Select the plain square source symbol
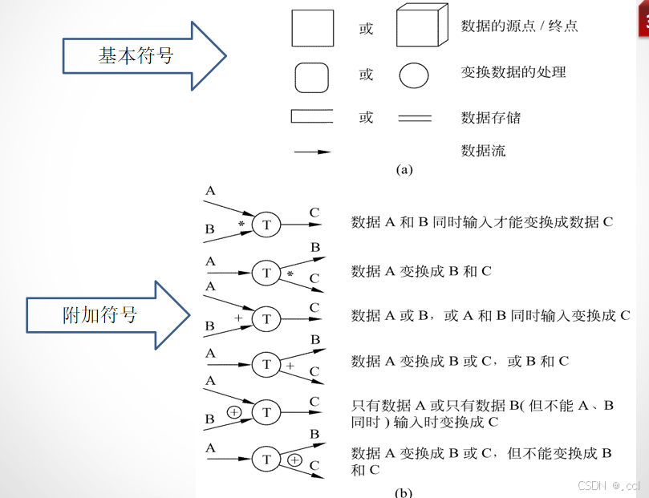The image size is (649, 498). [x=312, y=28]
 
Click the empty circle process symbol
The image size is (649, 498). [x=414, y=75]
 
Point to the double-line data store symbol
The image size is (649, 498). [x=415, y=118]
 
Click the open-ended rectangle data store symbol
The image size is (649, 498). [x=312, y=117]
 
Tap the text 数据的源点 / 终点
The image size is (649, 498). [x=519, y=26]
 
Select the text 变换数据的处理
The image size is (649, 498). [x=513, y=72]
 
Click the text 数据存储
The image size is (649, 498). [x=491, y=118]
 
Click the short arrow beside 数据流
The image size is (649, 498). [x=313, y=151]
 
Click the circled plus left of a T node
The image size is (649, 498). [x=233, y=412]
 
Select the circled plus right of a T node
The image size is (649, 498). [x=295, y=460]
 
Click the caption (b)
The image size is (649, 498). [x=404, y=492]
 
